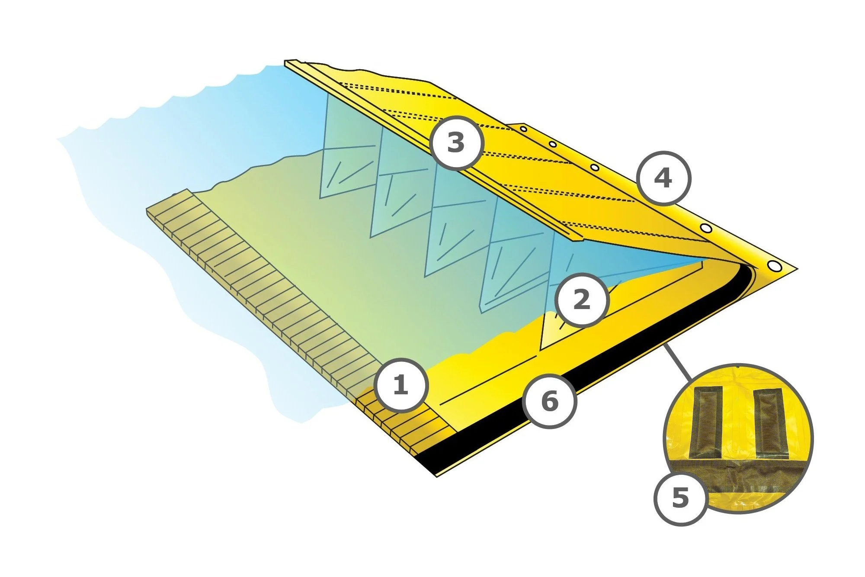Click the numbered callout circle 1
click(400, 384)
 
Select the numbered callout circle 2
click(581, 299)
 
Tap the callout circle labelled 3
click(455, 142)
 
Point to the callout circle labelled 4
click(663, 178)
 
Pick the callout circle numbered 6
click(549, 401)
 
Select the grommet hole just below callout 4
click(705, 228)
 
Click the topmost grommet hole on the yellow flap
click(523, 129)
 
